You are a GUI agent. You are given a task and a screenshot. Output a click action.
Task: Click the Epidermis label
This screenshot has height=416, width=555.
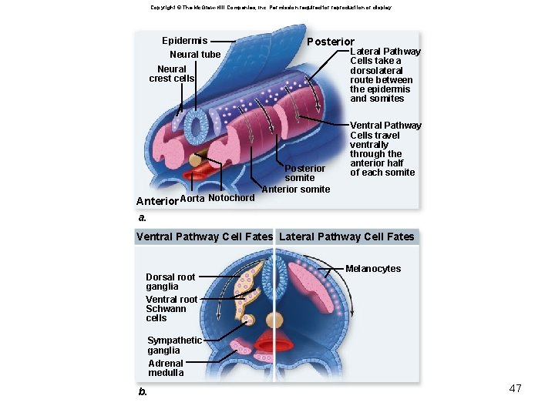click(x=184, y=40)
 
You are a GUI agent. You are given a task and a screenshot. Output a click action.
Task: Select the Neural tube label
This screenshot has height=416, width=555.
click(x=194, y=55)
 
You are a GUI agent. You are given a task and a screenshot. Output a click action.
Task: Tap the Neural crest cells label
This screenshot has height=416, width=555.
click(x=171, y=73)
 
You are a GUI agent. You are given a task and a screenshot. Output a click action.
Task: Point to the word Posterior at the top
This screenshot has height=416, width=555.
click(x=331, y=42)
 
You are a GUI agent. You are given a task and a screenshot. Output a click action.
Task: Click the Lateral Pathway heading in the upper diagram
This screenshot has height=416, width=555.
click(x=385, y=52)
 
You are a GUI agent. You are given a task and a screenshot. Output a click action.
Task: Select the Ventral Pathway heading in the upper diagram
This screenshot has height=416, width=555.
click(x=385, y=126)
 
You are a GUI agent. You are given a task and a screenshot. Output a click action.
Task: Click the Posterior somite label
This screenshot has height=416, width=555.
click(x=305, y=173)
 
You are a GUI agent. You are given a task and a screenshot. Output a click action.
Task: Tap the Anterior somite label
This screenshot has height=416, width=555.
click(x=296, y=190)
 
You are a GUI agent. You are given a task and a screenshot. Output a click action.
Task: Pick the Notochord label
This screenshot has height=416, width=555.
click(x=231, y=198)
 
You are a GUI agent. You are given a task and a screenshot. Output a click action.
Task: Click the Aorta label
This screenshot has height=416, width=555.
click(x=192, y=198)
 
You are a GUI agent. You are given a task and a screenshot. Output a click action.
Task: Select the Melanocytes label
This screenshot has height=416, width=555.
click(x=373, y=269)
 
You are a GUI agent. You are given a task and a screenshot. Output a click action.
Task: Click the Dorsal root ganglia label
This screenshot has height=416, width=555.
click(x=170, y=281)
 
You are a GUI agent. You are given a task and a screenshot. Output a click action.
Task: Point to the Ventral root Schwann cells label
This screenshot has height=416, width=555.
click(x=171, y=308)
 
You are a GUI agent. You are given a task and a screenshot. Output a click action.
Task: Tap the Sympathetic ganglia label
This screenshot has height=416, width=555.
click(x=174, y=345)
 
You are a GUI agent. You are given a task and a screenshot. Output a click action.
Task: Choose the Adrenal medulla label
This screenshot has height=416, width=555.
click(x=166, y=368)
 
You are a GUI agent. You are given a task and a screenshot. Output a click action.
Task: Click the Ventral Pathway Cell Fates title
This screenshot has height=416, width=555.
click(x=204, y=237)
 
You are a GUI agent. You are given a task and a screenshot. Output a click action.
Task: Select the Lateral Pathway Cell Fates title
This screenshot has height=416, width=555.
click(x=346, y=237)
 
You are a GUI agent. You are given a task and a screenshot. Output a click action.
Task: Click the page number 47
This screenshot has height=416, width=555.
click(x=515, y=388)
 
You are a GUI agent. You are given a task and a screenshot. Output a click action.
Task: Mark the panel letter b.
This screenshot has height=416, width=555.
click(x=143, y=392)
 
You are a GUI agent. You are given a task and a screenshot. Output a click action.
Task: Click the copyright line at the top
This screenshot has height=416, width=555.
click(x=271, y=7)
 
